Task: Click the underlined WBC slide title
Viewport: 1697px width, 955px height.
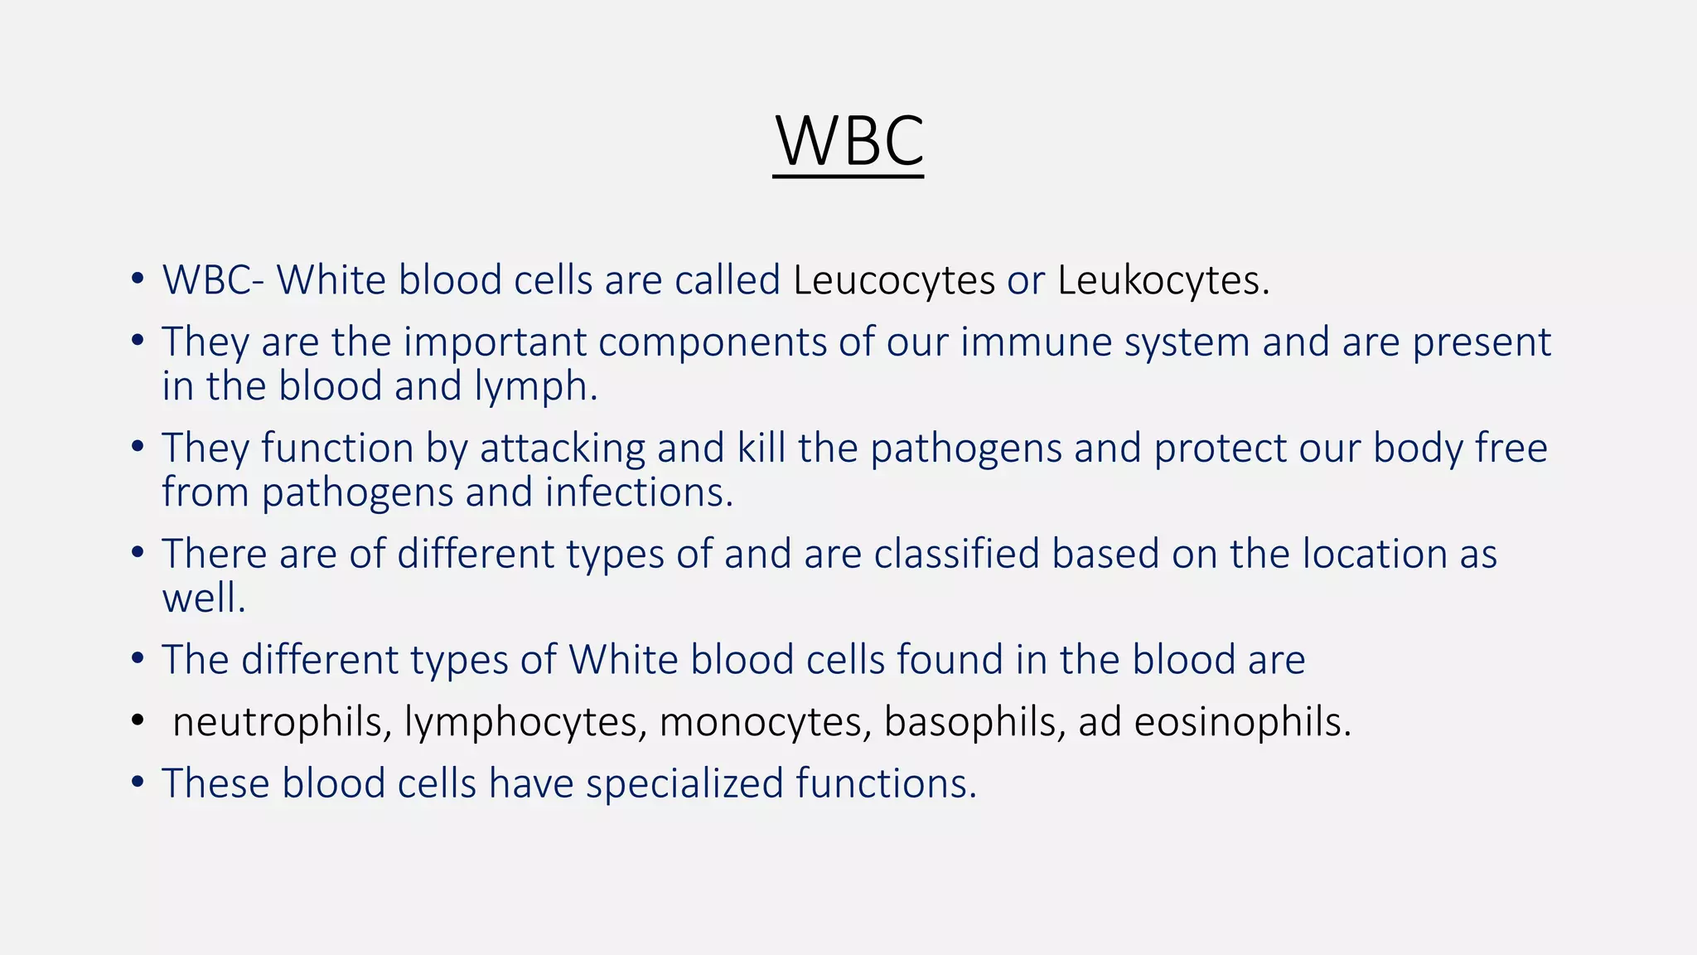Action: click(x=848, y=142)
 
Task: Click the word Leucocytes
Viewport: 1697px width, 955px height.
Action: click(x=893, y=280)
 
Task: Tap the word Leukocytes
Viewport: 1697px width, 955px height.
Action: click(x=1162, y=280)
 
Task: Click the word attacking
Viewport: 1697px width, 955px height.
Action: click(x=562, y=448)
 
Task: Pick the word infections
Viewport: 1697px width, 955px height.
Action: click(x=639, y=492)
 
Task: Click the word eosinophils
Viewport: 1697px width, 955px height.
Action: click(x=1241, y=722)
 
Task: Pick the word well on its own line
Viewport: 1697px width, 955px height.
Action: click(x=203, y=598)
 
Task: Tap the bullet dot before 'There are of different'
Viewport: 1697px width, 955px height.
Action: click(x=138, y=552)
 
